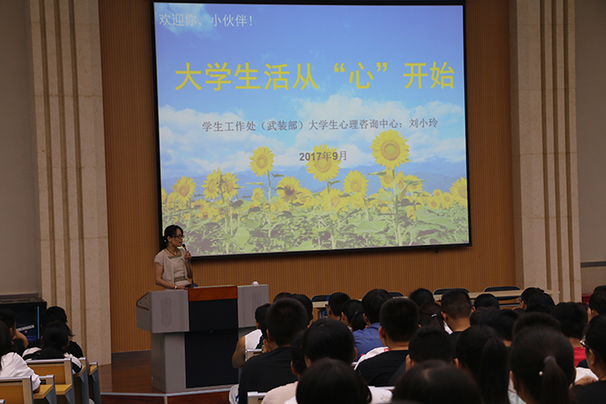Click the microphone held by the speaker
(184, 247)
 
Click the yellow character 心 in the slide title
(361, 76)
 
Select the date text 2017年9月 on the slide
(323, 156)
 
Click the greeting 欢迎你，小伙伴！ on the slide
(206, 20)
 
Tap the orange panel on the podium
(213, 293)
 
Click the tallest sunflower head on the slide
(390, 149)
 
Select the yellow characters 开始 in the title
(429, 75)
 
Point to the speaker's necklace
(173, 253)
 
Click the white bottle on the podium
(255, 283)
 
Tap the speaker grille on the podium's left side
(166, 311)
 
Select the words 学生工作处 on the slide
(229, 126)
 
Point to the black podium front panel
(212, 343)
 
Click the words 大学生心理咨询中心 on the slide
(353, 125)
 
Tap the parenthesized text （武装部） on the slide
(282, 125)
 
